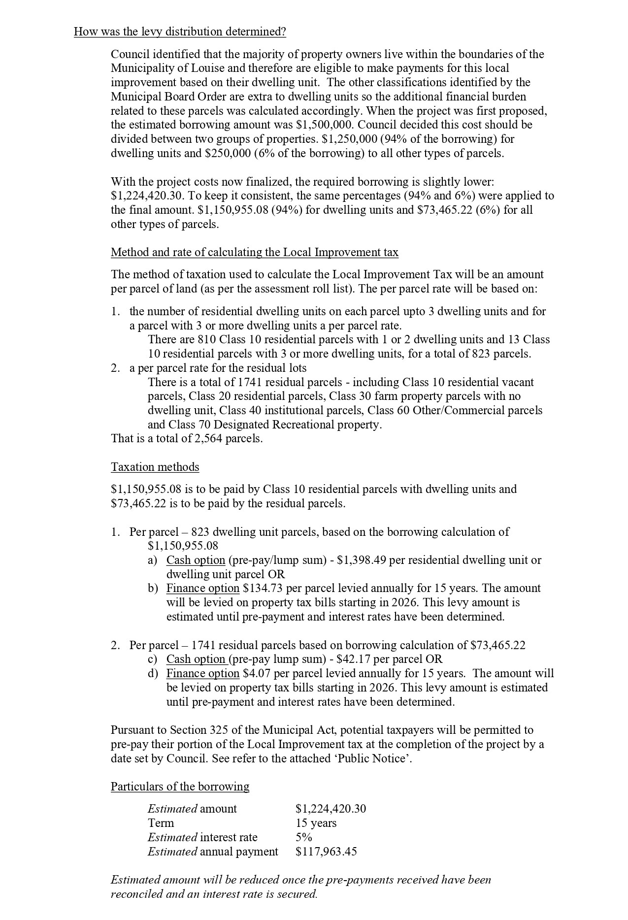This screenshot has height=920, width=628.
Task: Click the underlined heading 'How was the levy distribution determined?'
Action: (180, 32)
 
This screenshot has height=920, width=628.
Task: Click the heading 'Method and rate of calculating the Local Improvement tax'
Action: (255, 252)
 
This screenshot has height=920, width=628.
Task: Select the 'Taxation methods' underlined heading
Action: (155, 467)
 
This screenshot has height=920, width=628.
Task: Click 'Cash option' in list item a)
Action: (196, 560)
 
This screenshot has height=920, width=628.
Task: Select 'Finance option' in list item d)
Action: (202, 673)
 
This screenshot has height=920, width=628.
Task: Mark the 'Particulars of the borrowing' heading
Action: (180, 787)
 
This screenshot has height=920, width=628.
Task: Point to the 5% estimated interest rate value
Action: (303, 837)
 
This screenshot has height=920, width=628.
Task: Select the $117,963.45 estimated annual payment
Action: (326, 852)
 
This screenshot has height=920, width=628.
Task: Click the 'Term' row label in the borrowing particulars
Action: (161, 823)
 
